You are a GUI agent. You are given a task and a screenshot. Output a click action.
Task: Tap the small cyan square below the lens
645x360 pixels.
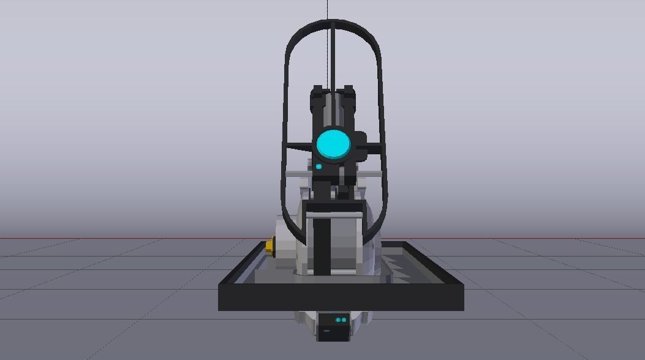pos(319,167)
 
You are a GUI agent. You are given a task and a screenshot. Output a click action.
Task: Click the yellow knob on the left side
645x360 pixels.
pos(270,246)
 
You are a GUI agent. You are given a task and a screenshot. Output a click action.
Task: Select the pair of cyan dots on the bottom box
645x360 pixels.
pos(341,320)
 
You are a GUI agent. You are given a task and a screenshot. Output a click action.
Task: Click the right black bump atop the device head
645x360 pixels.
pos(348,92)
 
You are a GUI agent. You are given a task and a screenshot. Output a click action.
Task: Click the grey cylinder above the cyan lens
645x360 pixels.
pos(333,110)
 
